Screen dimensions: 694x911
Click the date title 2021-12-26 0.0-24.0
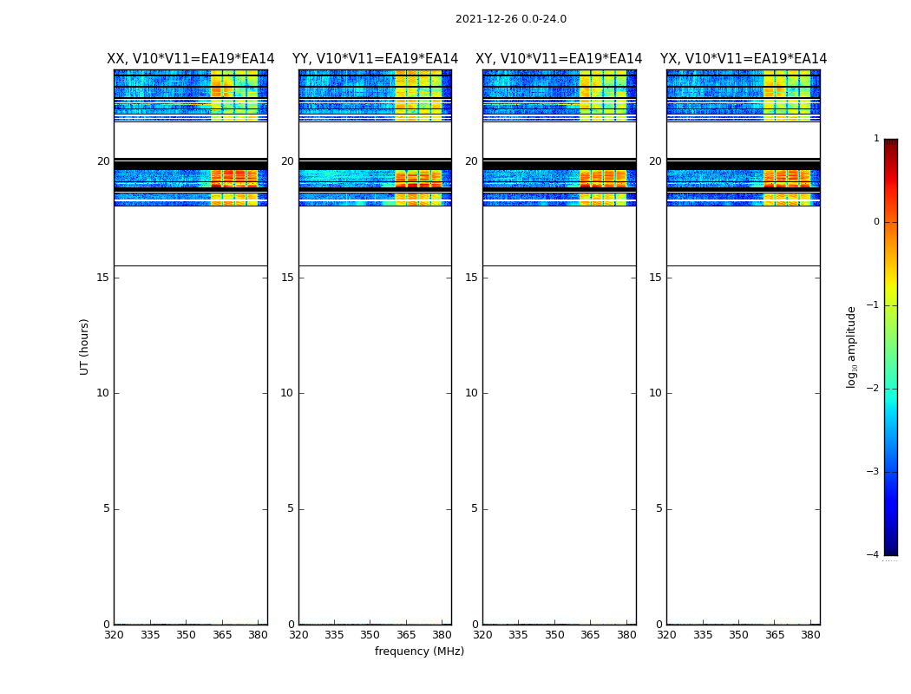(x=510, y=19)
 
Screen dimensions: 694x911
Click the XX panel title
(x=190, y=59)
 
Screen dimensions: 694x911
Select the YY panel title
(x=375, y=59)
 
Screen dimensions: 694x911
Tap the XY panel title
(x=559, y=59)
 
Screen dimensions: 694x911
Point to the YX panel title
(x=744, y=59)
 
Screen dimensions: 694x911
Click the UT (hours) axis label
(x=85, y=346)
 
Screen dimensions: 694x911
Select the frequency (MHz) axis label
(x=419, y=651)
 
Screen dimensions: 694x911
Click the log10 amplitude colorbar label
(x=852, y=346)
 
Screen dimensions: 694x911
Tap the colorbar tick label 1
(x=875, y=139)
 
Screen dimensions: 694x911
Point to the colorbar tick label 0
(x=875, y=222)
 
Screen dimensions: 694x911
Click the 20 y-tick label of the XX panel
(x=103, y=161)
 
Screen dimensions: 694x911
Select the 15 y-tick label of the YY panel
(x=287, y=278)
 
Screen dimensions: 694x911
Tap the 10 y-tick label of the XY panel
(x=471, y=393)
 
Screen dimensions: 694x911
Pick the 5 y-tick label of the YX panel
(x=659, y=508)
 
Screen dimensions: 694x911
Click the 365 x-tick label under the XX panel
(x=222, y=635)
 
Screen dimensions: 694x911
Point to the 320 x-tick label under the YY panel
(x=298, y=635)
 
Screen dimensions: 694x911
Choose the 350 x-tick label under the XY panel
(x=554, y=635)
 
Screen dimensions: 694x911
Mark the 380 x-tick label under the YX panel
(x=810, y=635)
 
